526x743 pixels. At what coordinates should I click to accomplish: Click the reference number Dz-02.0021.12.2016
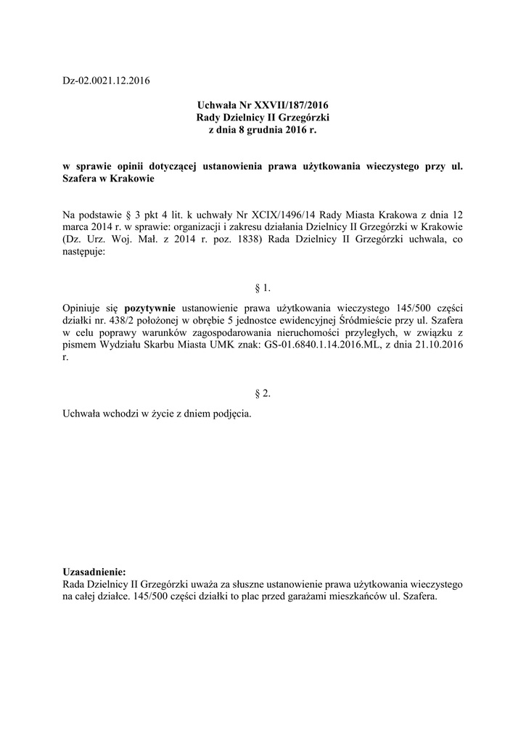[x=106, y=80]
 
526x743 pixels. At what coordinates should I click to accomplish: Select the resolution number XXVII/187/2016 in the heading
[x=295, y=106]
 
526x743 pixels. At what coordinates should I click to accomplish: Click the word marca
[x=78, y=229]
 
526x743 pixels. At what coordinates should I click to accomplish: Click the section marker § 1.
[x=263, y=289]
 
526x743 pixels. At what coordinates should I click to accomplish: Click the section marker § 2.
[x=263, y=393]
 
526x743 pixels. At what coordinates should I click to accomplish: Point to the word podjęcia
[x=229, y=412]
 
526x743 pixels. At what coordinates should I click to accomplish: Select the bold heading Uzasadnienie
[x=95, y=571]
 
